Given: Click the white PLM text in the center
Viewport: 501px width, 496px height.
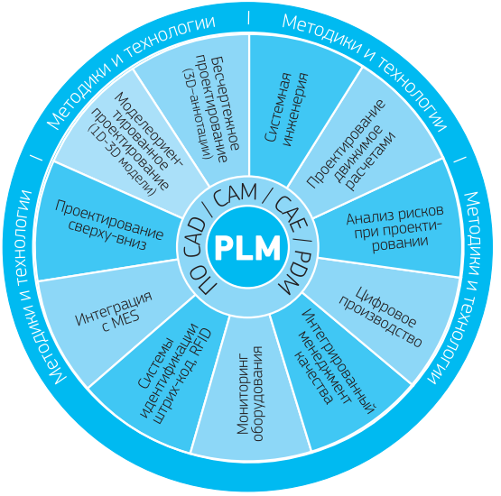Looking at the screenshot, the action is pyautogui.click(x=248, y=248).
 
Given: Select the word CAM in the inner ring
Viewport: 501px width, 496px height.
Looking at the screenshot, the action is pyautogui.click(x=236, y=195).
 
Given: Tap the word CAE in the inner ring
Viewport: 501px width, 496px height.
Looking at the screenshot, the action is pyautogui.click(x=291, y=213).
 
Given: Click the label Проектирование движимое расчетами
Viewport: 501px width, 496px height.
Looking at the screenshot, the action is pyautogui.click(x=351, y=145).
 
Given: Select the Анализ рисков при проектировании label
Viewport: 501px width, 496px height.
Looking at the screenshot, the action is pyautogui.click(x=394, y=228).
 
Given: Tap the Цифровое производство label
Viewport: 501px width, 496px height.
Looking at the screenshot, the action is pyautogui.click(x=380, y=317).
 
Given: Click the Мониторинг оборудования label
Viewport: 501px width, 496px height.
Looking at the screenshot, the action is pyautogui.click(x=249, y=393).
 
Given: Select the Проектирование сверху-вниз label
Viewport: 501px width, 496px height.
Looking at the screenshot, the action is pyautogui.click(x=108, y=225).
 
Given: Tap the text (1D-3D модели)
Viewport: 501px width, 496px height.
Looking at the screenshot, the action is pyautogui.click(x=122, y=161).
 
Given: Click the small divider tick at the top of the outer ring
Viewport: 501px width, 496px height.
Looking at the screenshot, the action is pyautogui.click(x=248, y=17).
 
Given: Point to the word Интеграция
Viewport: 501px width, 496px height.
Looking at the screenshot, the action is pyautogui.click(x=114, y=308).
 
